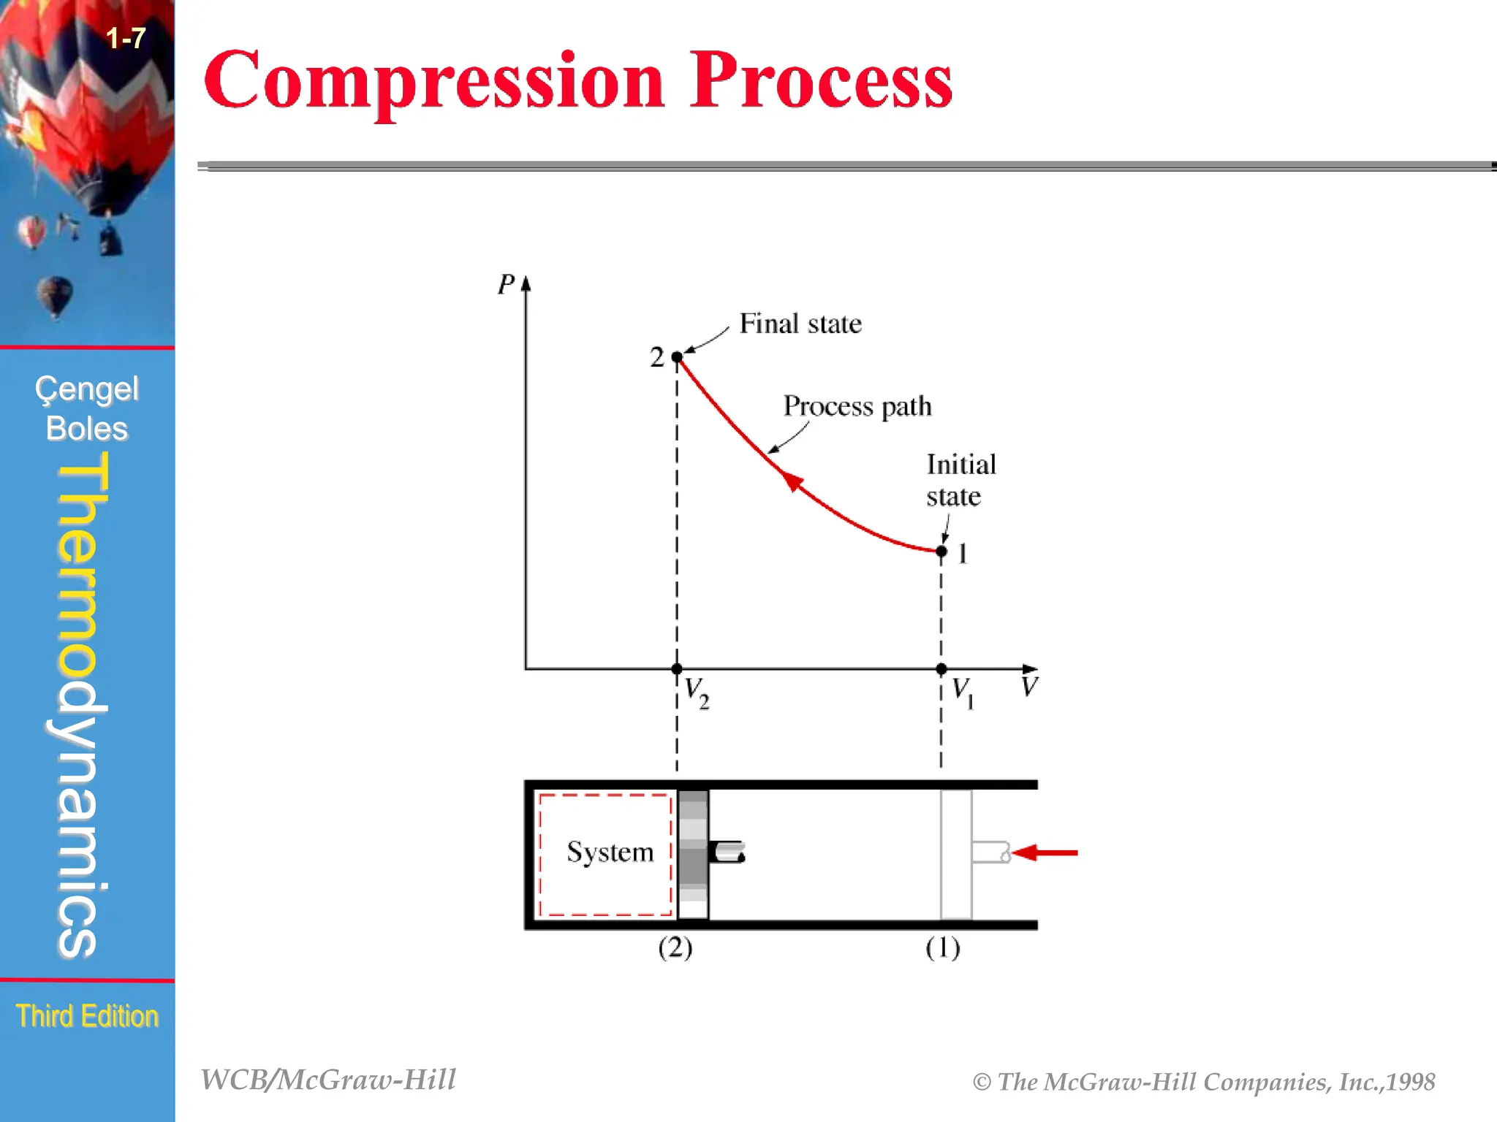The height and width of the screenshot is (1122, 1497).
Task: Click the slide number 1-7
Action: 126,38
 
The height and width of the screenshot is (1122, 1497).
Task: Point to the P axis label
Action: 506,284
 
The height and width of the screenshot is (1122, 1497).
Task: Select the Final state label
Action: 800,324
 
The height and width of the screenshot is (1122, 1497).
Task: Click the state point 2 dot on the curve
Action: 677,357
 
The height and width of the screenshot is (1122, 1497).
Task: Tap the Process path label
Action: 857,406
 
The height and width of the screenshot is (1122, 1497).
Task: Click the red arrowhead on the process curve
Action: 791,481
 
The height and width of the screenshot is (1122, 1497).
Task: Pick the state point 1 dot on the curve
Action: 941,552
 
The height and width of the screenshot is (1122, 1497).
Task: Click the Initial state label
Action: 960,481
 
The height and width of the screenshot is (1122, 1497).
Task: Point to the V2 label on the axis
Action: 696,692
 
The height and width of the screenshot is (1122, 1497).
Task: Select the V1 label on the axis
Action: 963,692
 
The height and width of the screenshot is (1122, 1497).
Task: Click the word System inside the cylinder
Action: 610,852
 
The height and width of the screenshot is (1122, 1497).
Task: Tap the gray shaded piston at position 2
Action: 693,854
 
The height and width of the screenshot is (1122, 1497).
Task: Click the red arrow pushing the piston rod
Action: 1046,852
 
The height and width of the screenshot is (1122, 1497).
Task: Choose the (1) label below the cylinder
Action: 942,948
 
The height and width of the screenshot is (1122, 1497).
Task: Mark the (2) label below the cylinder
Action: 675,948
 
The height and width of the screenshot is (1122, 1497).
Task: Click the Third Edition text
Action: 87,1016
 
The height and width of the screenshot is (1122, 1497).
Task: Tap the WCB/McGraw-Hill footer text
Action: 328,1080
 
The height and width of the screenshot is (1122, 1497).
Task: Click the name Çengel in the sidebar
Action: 87,389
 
